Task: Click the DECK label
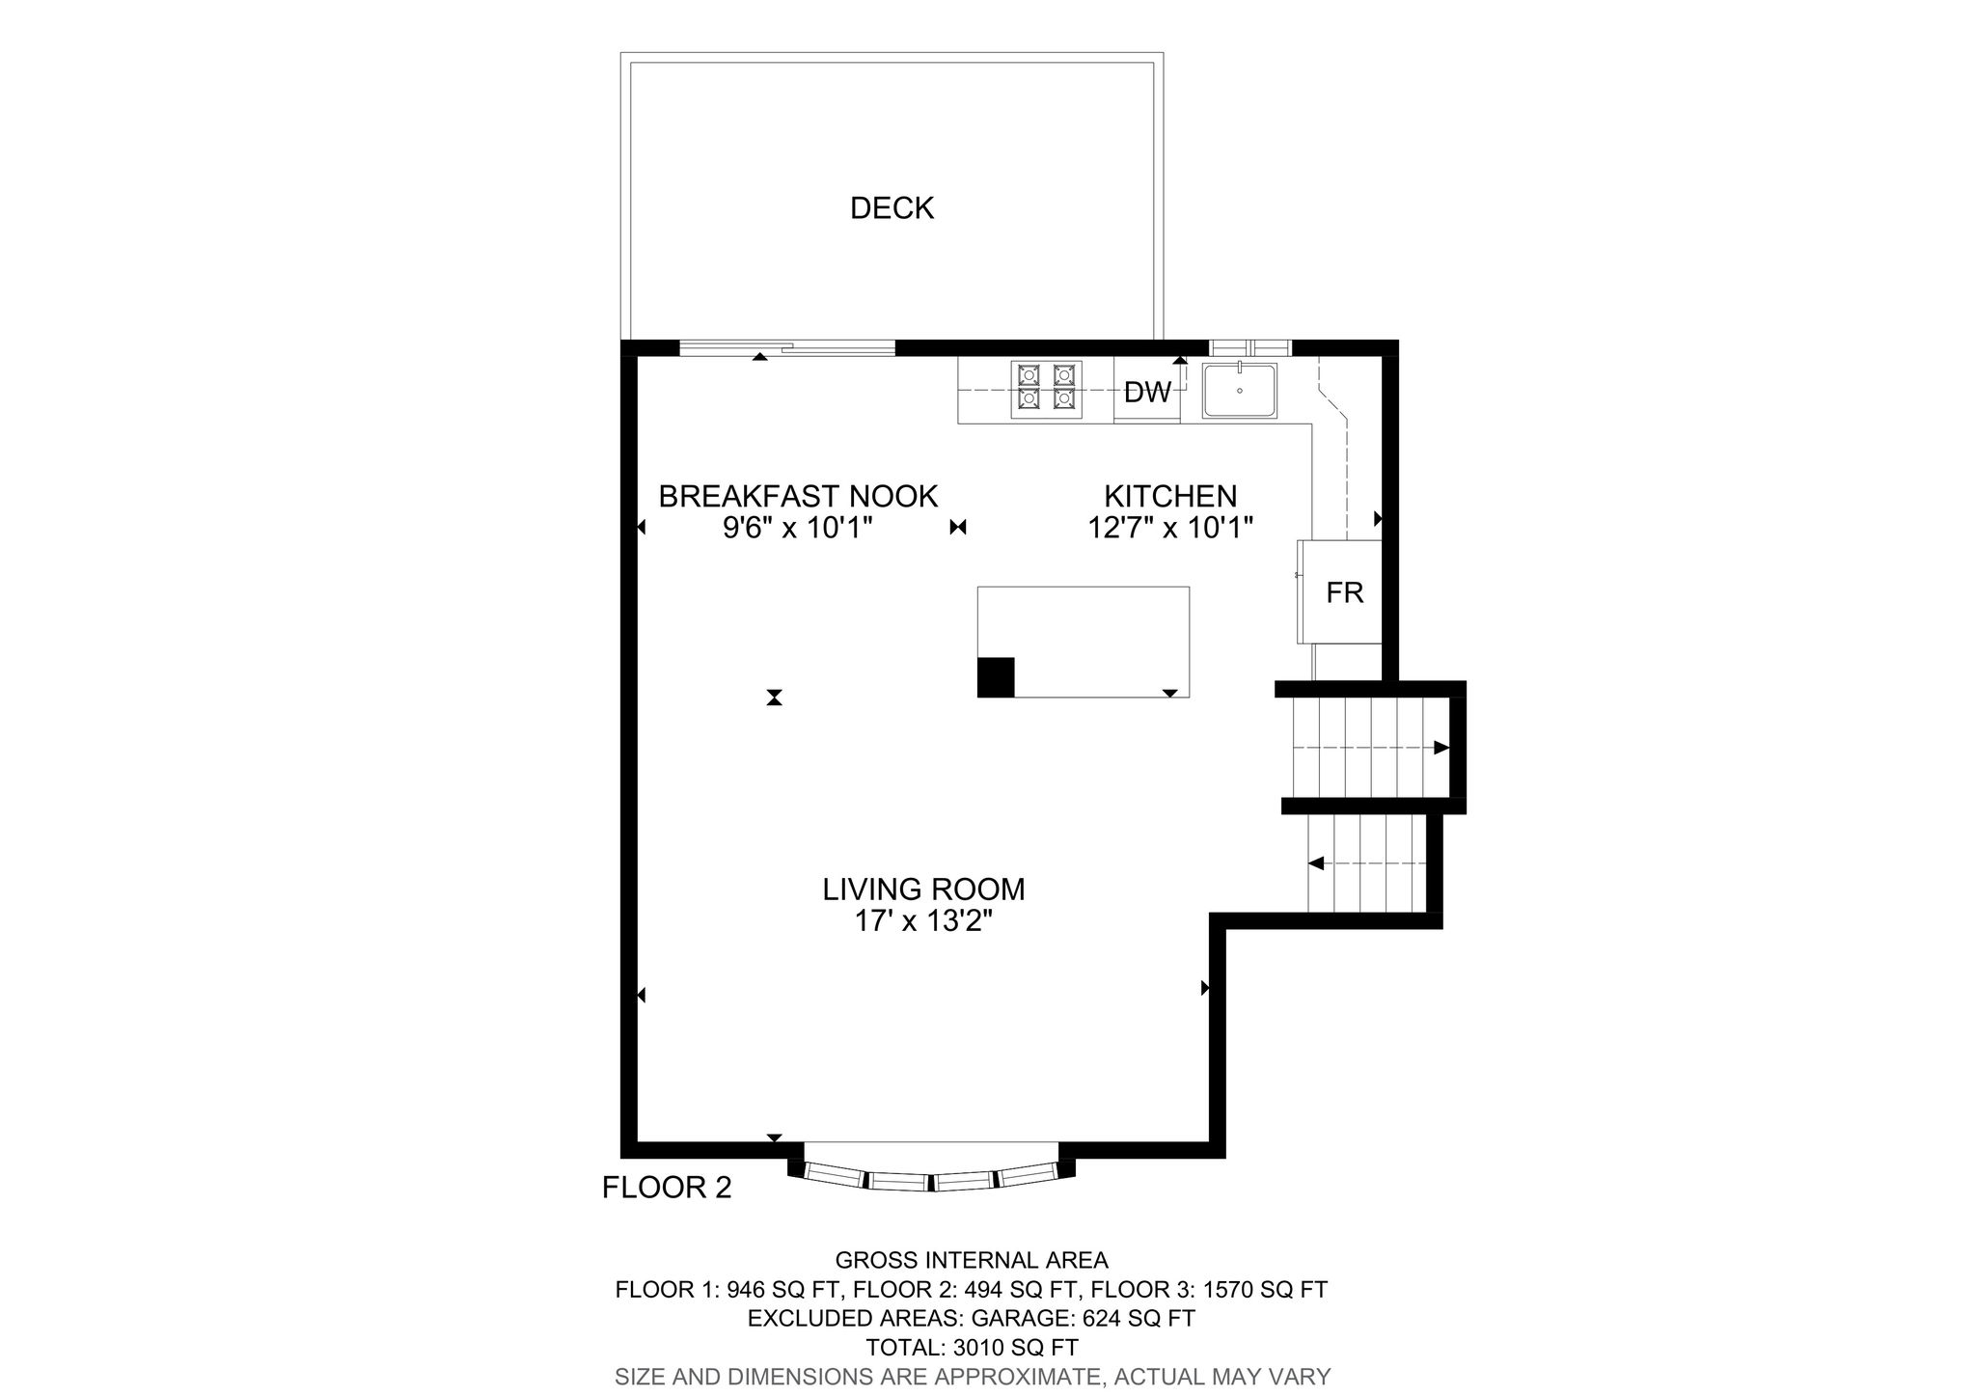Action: (x=892, y=208)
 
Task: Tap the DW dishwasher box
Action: (x=1146, y=392)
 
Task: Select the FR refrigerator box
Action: (x=1343, y=592)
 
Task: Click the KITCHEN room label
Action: (x=1170, y=496)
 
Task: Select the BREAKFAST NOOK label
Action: (x=798, y=496)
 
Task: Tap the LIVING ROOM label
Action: (x=923, y=889)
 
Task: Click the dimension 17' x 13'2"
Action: (x=923, y=921)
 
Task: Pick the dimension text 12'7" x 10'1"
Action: (x=1170, y=528)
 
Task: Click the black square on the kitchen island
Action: (x=996, y=676)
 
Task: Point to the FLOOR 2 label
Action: (x=667, y=1187)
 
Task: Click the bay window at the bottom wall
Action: (x=931, y=1179)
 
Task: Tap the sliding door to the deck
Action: (x=787, y=348)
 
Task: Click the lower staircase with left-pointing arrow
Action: (x=1366, y=863)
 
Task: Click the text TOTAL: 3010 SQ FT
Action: (x=972, y=1347)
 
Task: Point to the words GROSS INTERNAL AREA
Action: (x=972, y=1260)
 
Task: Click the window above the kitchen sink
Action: (x=1249, y=347)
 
